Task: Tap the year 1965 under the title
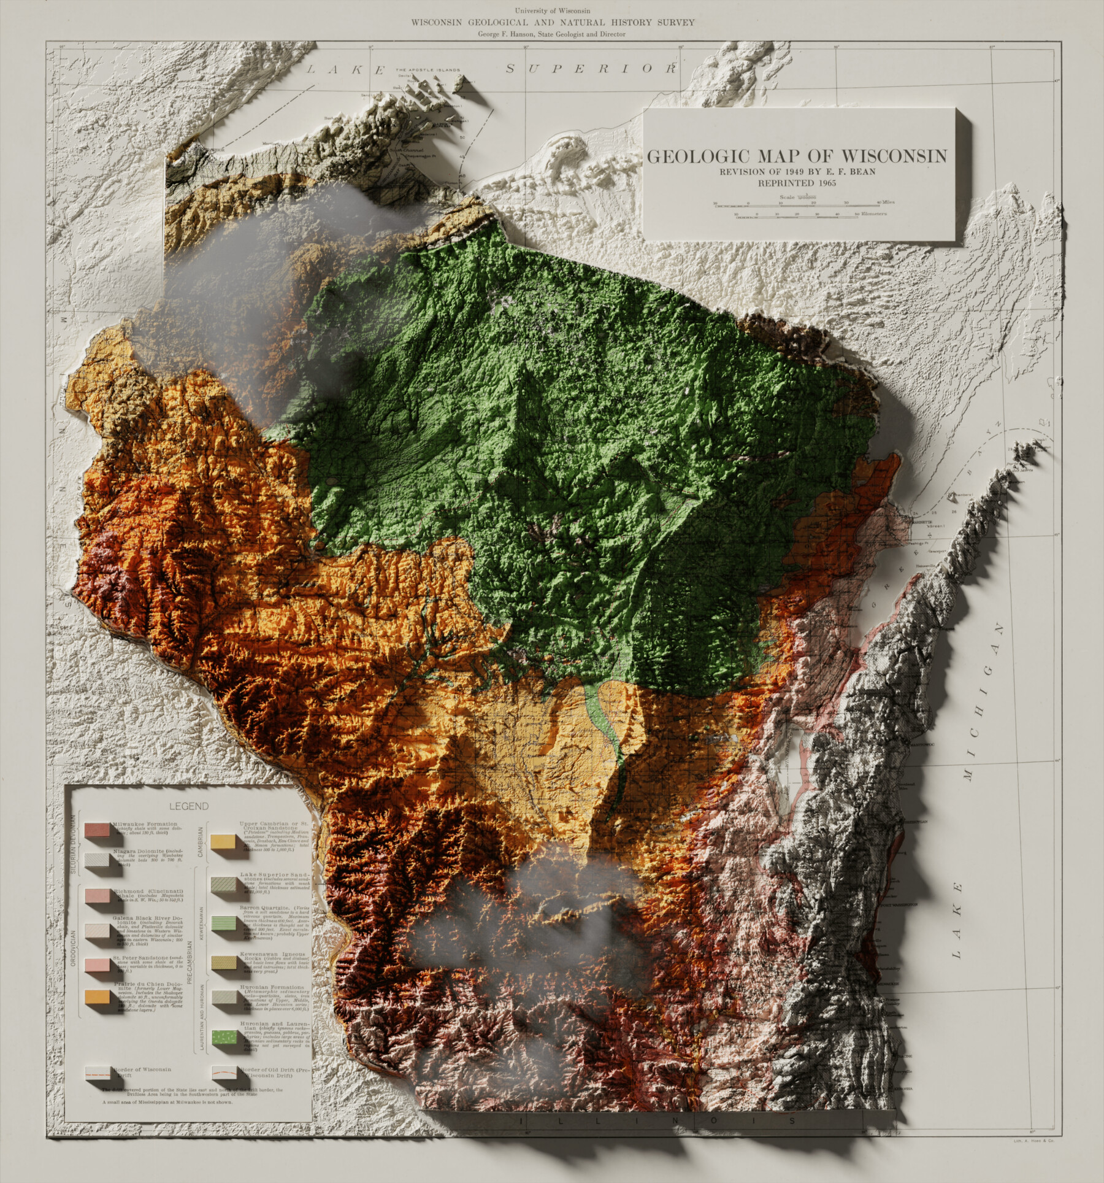(x=824, y=182)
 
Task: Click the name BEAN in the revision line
(x=859, y=171)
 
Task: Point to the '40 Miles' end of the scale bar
(x=884, y=202)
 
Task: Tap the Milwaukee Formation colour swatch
(x=98, y=831)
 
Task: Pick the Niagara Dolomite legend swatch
(x=98, y=860)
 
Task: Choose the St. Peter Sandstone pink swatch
(x=98, y=966)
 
